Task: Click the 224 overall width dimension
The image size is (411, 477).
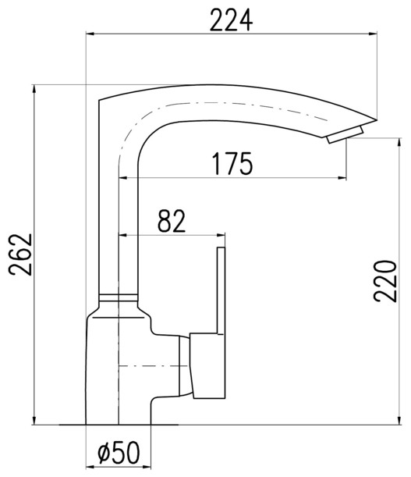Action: (231, 20)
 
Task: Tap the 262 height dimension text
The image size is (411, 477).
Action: (20, 255)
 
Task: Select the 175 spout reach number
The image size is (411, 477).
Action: (232, 164)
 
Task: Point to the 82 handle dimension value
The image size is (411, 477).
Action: (172, 221)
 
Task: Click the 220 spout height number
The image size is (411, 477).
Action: (385, 281)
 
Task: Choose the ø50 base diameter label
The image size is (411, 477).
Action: (119, 452)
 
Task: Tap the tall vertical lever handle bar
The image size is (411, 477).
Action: (221, 291)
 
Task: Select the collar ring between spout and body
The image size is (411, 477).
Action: (119, 297)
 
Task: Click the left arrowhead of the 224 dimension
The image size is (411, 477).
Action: (90, 34)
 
